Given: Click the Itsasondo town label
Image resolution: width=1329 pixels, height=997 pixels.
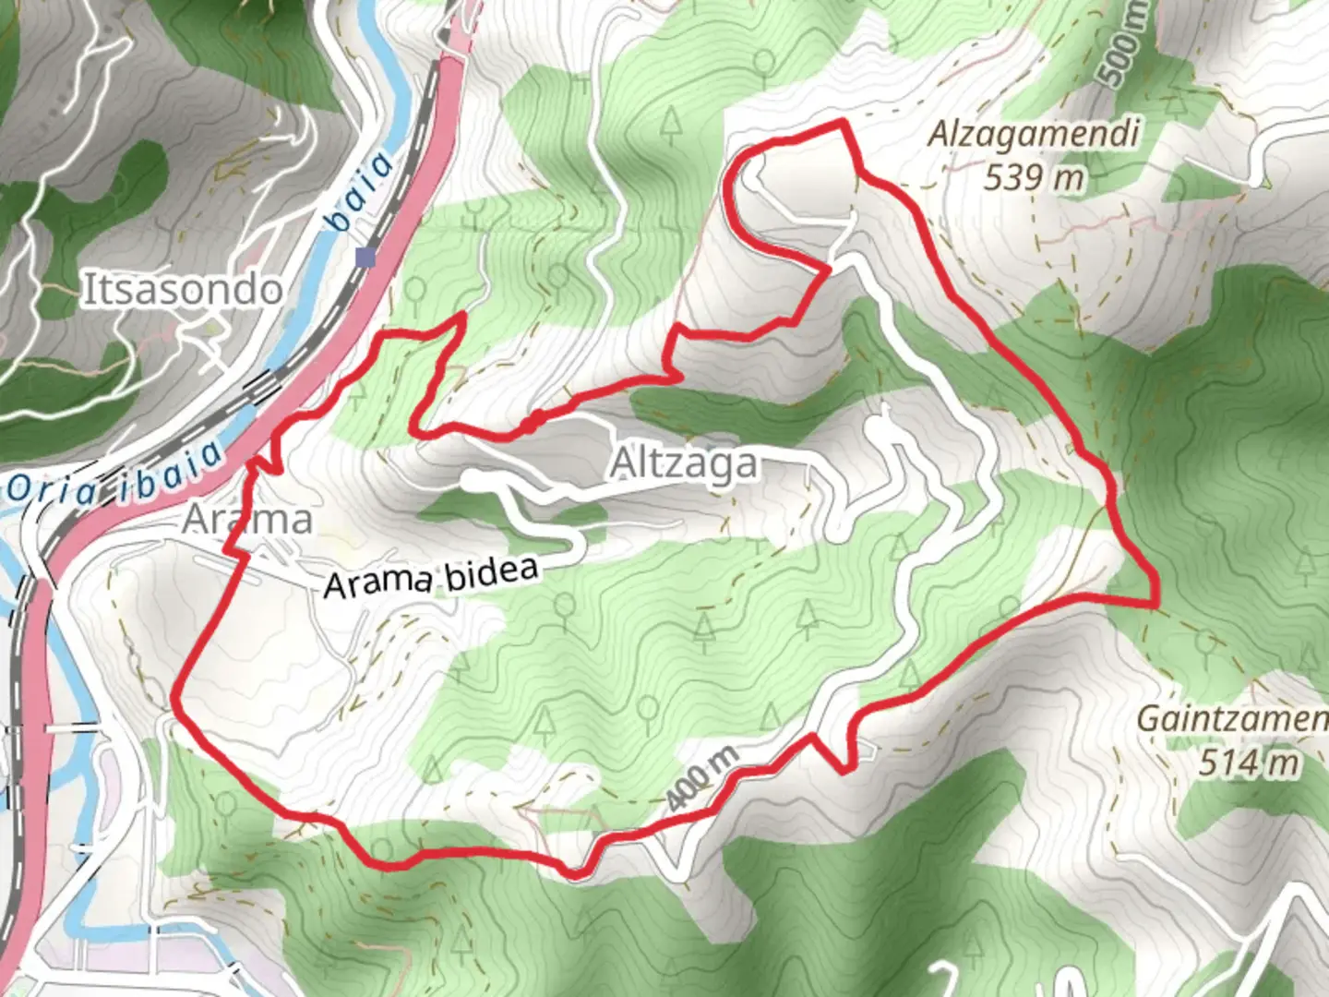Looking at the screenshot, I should [183, 290].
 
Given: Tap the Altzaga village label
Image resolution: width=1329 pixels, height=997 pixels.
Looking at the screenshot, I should [684, 463].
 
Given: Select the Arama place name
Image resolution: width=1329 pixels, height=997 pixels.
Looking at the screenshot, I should [247, 520].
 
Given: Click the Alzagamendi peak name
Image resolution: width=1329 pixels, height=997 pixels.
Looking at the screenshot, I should [1033, 135].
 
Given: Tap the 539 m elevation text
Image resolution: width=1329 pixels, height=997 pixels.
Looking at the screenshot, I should [1033, 176].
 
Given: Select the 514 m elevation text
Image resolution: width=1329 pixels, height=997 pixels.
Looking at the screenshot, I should [1249, 763].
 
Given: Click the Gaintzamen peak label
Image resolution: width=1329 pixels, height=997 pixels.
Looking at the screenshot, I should [1232, 719].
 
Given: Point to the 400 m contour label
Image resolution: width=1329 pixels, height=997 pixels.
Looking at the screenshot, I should [702, 780].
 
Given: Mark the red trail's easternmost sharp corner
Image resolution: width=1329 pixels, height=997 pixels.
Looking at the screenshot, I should [1155, 604].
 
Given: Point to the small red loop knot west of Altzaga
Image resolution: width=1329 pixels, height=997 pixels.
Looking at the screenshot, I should [531, 423].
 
